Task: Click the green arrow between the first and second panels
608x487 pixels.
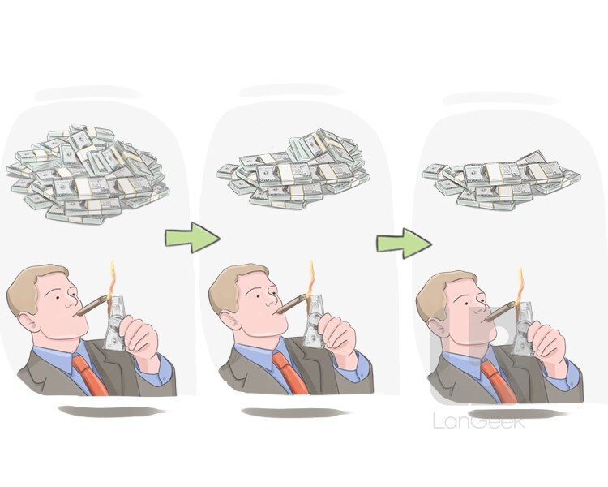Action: (x=193, y=237)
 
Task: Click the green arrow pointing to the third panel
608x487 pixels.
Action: (x=404, y=243)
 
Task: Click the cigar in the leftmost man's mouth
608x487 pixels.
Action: (x=92, y=305)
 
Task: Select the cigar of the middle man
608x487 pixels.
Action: (x=292, y=304)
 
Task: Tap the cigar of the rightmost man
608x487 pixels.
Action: (x=500, y=312)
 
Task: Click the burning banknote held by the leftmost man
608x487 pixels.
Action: (x=116, y=323)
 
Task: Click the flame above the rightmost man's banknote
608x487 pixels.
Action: (x=520, y=285)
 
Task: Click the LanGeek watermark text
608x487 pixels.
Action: (x=479, y=421)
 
